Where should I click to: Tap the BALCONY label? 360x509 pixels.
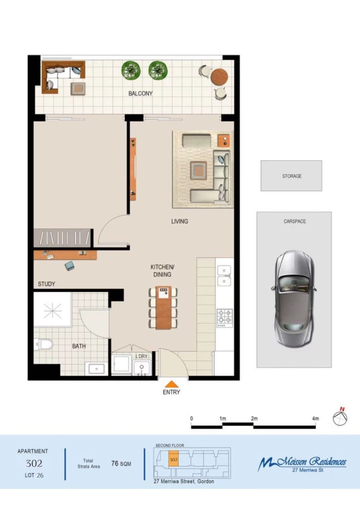140,93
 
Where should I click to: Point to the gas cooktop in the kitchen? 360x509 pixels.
225,318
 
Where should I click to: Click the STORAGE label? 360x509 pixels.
292,176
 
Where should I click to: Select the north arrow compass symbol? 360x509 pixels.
340,416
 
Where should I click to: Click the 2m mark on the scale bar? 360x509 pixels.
254,418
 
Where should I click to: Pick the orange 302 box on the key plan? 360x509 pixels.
174,459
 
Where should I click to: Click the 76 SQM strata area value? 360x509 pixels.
121,464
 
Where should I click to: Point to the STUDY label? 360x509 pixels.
46,284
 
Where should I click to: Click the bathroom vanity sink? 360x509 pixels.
96,368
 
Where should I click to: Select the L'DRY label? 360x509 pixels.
141,356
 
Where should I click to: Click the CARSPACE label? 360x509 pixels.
295,221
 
